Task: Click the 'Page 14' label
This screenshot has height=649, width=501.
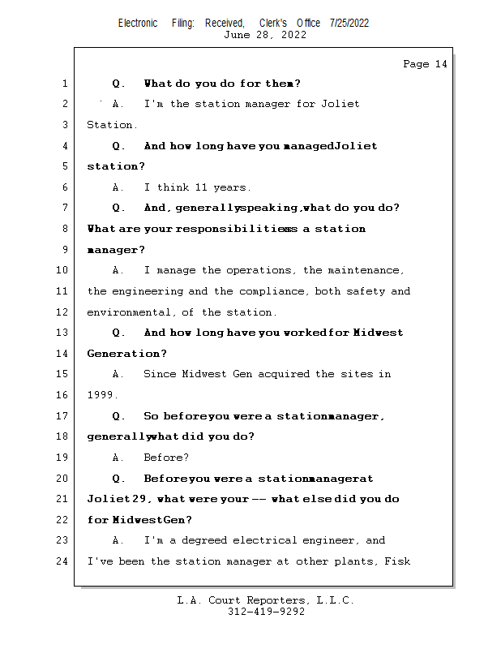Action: coord(425,64)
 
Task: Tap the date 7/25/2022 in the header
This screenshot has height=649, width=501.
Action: coord(349,24)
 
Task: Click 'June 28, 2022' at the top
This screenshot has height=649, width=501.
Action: coord(265,34)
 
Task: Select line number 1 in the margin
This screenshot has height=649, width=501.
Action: coord(63,84)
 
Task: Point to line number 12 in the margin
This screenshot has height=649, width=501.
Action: coord(61,312)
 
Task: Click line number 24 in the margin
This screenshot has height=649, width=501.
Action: coord(61,561)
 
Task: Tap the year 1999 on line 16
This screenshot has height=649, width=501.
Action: coord(101,395)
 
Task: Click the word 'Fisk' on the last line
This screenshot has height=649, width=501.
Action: coord(398,561)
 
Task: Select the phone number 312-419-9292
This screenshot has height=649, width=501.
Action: coord(266,612)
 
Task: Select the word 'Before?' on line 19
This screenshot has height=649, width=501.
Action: coord(166,458)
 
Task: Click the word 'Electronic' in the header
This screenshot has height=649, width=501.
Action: coord(138,24)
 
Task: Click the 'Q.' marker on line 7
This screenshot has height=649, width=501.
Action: coord(119,208)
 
